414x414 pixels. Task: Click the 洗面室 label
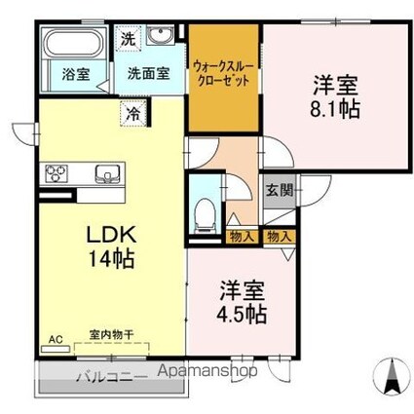click(x=147, y=72)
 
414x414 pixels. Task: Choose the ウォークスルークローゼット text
click(x=224, y=74)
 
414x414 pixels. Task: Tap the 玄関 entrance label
click(x=280, y=190)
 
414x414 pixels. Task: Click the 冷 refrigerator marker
click(x=132, y=112)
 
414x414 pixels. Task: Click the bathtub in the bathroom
click(x=74, y=45)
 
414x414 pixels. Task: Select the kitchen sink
click(x=105, y=174)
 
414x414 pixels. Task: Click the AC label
click(x=55, y=340)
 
